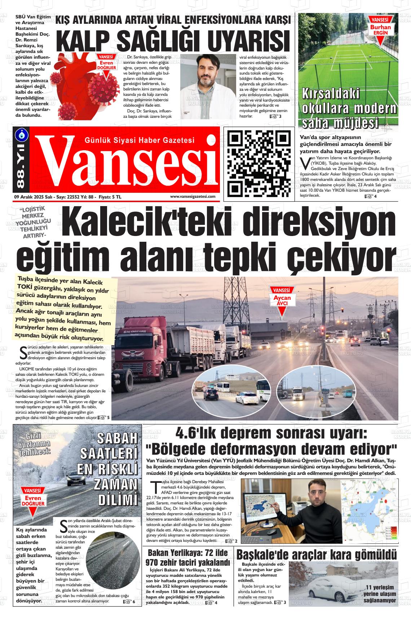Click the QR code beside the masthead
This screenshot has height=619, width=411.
pos(258,163)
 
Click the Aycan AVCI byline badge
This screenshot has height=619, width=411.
pos(282,298)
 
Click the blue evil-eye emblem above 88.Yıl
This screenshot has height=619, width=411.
pos(20,134)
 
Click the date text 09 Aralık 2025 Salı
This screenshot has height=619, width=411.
pos(35,197)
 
